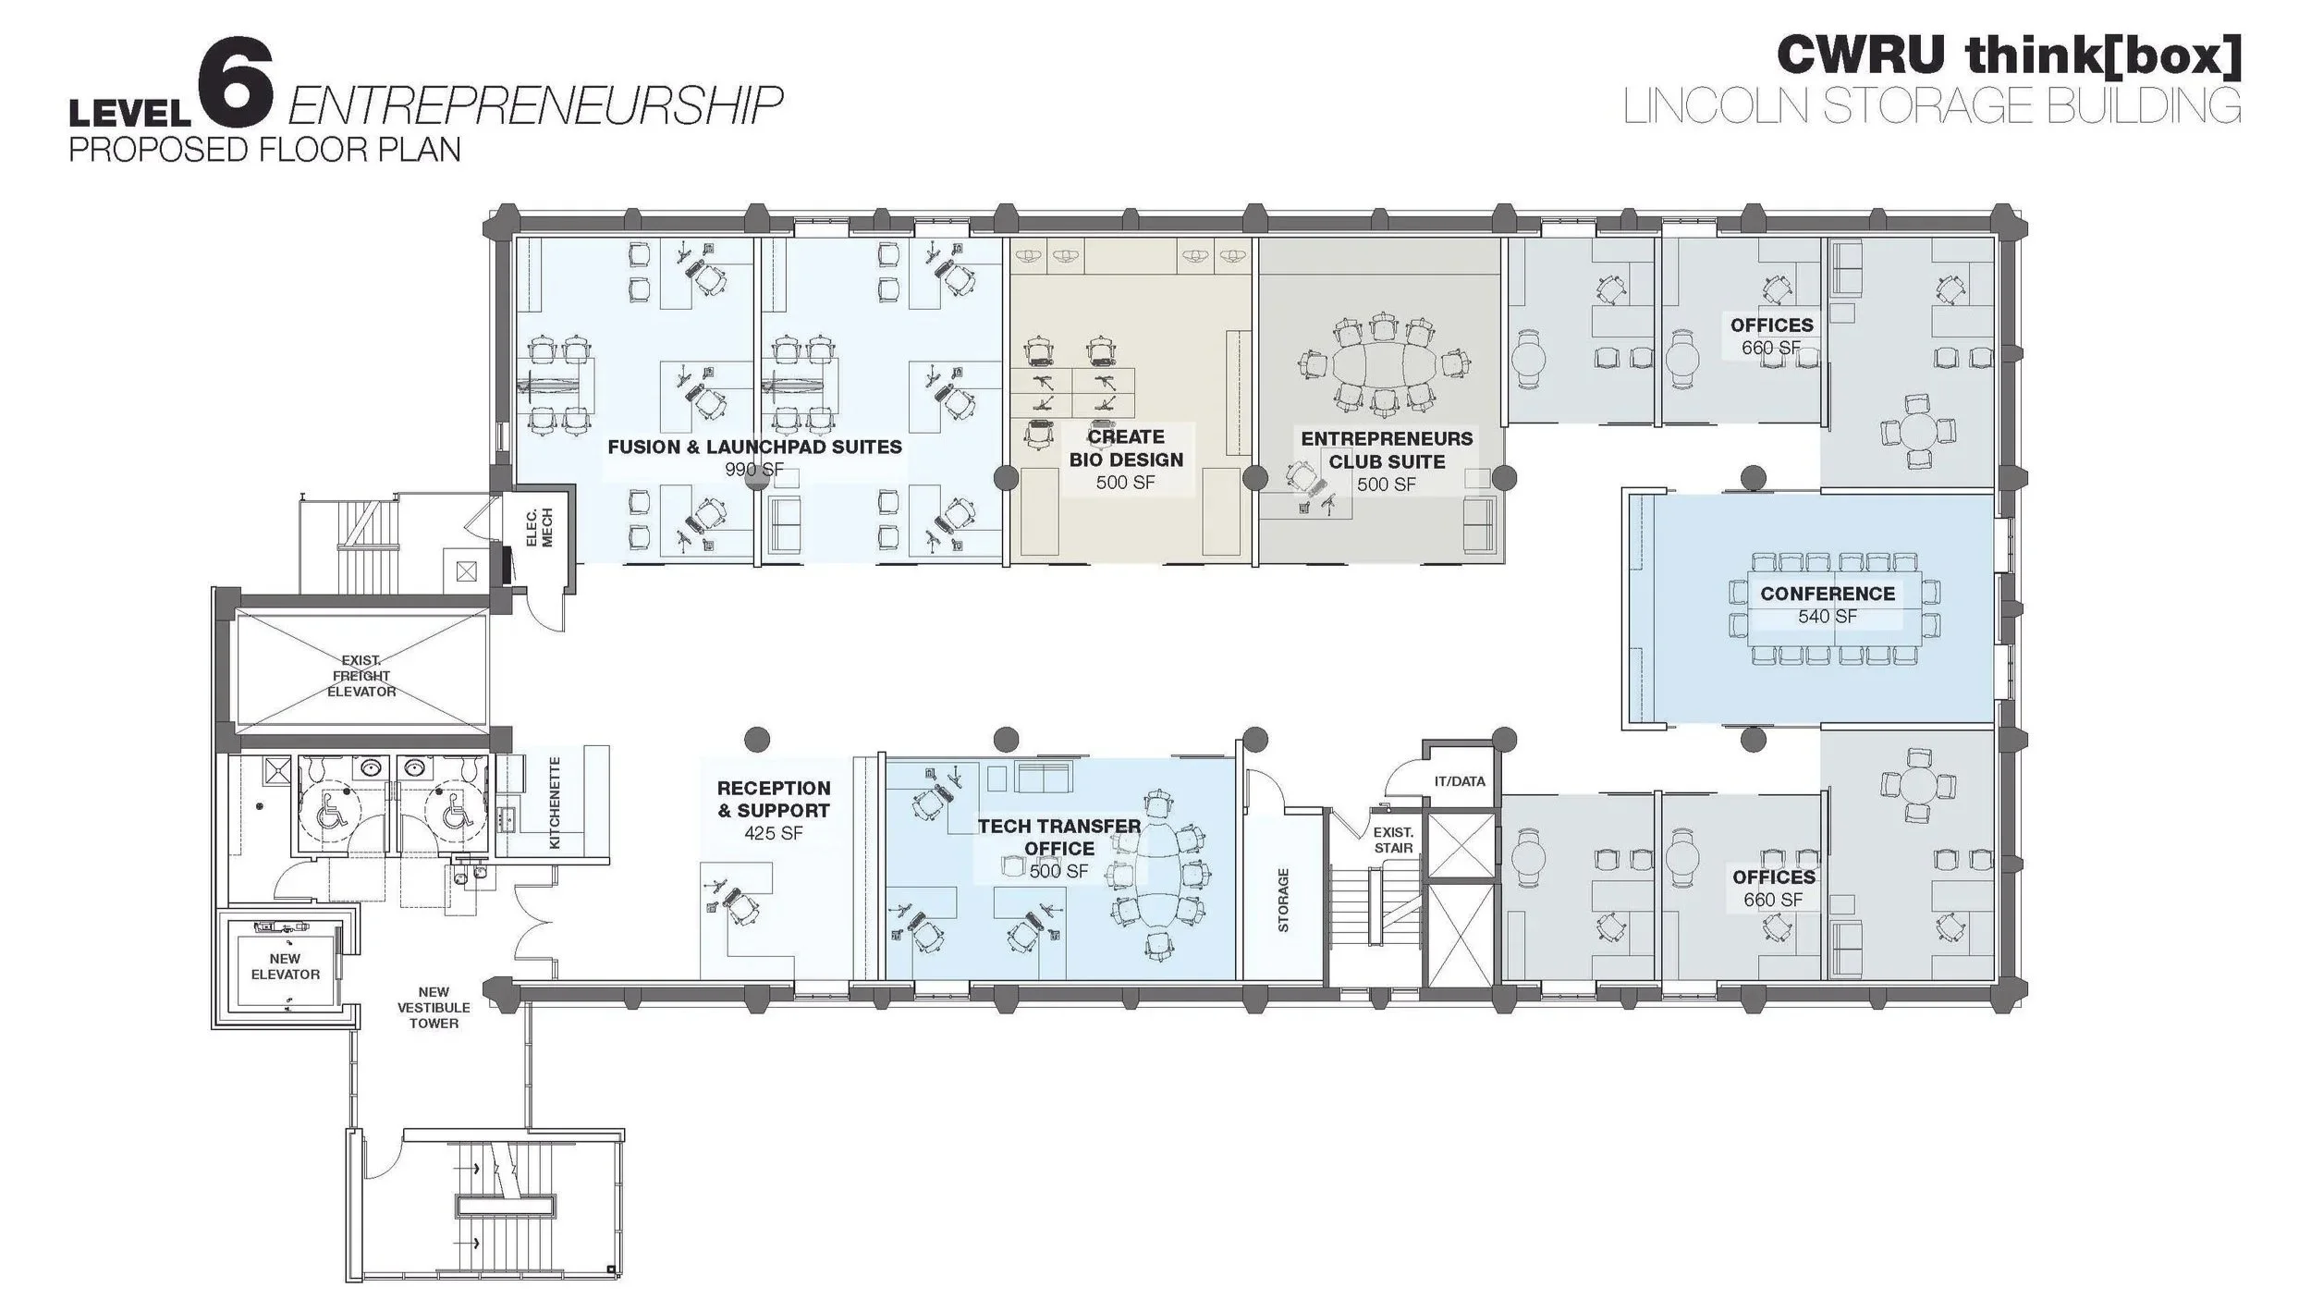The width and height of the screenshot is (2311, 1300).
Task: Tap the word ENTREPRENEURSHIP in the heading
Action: (534, 105)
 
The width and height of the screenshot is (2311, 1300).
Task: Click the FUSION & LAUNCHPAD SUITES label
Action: (754, 447)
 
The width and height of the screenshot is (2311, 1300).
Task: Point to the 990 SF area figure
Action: (754, 470)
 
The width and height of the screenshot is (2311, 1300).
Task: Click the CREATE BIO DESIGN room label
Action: (1126, 448)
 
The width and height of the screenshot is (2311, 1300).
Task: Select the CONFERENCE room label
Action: (1828, 594)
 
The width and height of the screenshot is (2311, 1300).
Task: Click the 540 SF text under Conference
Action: (1828, 617)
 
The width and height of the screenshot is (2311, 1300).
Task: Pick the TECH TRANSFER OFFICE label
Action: (1059, 837)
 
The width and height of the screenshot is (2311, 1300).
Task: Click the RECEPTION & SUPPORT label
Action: (774, 799)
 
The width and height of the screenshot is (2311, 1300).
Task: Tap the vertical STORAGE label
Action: (1283, 900)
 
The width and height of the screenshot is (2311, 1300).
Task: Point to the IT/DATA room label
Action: (1460, 781)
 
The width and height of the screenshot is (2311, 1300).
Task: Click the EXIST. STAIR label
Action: (1393, 840)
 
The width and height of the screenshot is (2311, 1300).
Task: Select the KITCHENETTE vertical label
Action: (555, 803)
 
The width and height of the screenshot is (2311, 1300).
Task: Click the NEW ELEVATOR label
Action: (285, 966)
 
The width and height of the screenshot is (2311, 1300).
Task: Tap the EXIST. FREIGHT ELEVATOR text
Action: (361, 676)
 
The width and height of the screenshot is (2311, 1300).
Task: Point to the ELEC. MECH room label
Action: (539, 527)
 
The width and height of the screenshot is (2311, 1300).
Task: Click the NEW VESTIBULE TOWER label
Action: (434, 1008)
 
